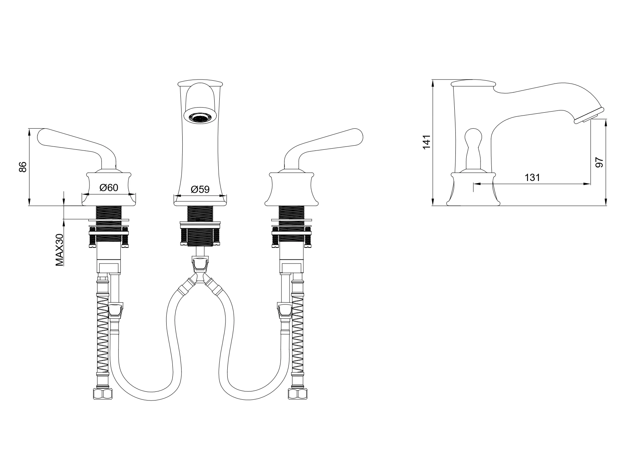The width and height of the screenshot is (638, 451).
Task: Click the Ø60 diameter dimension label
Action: click(109, 188)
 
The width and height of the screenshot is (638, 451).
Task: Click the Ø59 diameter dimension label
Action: click(200, 190)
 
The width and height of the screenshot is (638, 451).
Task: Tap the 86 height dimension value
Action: click(23, 167)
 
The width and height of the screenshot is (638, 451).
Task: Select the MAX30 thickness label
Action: click(60, 250)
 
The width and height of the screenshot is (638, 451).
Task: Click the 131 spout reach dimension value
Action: click(533, 178)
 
